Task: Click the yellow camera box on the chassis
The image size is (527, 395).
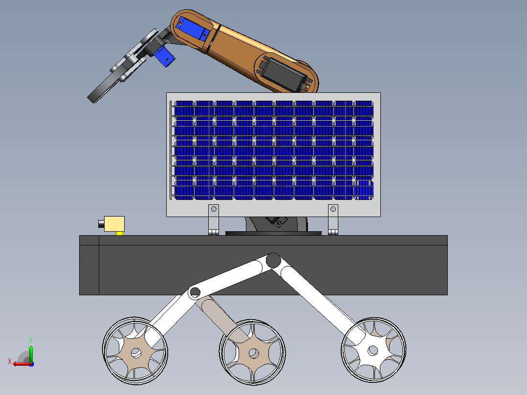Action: tap(114, 224)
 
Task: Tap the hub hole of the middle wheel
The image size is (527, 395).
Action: tap(253, 353)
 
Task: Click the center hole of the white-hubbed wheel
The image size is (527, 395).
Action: tap(373, 351)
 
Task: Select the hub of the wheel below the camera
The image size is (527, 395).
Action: tap(135, 353)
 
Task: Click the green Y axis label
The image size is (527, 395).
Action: tap(31, 340)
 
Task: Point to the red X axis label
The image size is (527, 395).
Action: tap(10, 362)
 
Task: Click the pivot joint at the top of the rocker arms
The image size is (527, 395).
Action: tap(273, 260)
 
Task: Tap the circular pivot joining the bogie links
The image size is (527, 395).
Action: tap(195, 292)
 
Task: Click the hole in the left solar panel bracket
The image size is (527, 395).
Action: tap(214, 209)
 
